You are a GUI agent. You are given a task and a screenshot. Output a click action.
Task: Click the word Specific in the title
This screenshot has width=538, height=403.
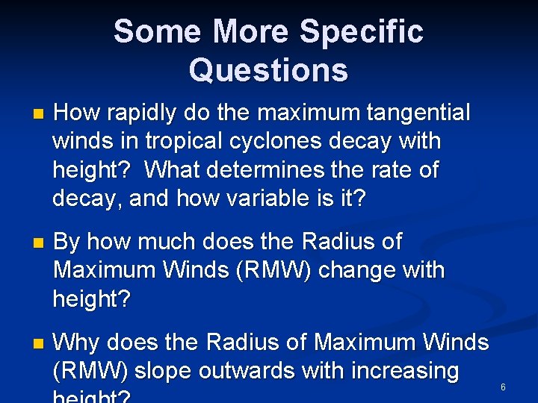(361, 31)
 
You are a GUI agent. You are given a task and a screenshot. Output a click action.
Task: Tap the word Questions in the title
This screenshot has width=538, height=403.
(268, 70)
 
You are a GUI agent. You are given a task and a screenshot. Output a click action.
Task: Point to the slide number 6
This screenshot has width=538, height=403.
(503, 387)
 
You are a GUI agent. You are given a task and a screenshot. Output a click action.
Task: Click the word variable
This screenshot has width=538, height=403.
(253, 198)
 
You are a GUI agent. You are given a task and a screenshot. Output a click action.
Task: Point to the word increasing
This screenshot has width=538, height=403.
(407, 371)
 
